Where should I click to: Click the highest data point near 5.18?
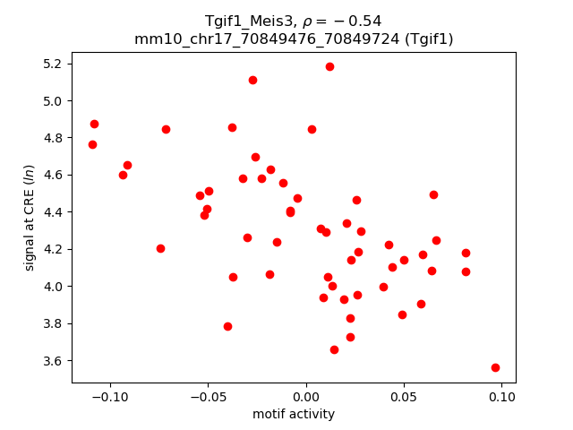point(329,66)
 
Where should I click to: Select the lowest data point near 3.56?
point(495,367)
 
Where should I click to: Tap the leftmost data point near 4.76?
point(92,144)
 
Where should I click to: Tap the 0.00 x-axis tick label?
point(306,397)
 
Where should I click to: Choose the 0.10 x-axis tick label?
point(501,397)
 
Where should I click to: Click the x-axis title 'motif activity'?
point(294,414)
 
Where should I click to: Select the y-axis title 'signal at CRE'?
point(30,218)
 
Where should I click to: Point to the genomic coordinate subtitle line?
point(294,39)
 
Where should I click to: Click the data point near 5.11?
point(252,80)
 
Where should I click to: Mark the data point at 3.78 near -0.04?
point(227,326)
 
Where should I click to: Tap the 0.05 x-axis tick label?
point(404,397)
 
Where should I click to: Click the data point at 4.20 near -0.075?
point(160,248)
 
